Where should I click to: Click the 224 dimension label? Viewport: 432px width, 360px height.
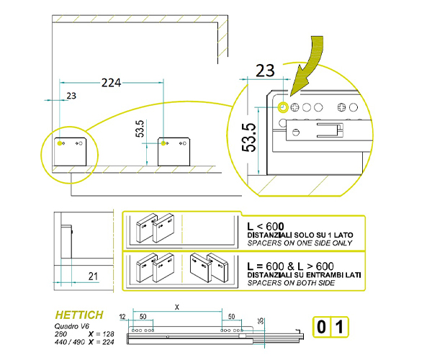pos(112,83)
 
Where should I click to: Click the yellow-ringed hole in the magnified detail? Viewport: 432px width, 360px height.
pos(283,107)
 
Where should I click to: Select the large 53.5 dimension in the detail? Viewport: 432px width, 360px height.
pos(249,138)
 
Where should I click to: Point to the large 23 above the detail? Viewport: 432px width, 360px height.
pos(265,71)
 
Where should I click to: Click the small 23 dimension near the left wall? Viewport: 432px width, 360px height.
pos(71,96)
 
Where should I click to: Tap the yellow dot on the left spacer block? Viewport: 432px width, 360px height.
pos(60,143)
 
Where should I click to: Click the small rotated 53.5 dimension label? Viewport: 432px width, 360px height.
pos(140,129)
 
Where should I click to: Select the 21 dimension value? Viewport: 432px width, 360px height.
pos(93,276)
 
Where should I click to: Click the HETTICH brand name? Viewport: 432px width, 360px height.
pos(79,315)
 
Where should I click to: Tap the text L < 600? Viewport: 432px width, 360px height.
pos(266,226)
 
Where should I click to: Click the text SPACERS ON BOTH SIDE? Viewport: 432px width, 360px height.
pos(291,283)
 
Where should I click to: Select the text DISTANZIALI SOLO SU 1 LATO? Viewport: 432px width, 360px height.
pos(300,235)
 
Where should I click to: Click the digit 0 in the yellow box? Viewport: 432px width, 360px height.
pos(321,327)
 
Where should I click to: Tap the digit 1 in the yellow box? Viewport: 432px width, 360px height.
pos(339,327)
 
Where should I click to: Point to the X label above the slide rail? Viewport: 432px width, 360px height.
pos(177,307)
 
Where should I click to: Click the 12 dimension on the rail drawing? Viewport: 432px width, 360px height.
pos(122,317)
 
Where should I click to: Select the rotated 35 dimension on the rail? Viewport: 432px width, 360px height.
pos(261,320)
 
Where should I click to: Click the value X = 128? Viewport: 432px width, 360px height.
pos(101,334)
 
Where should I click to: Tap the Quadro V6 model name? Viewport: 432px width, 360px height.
pos(71,326)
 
